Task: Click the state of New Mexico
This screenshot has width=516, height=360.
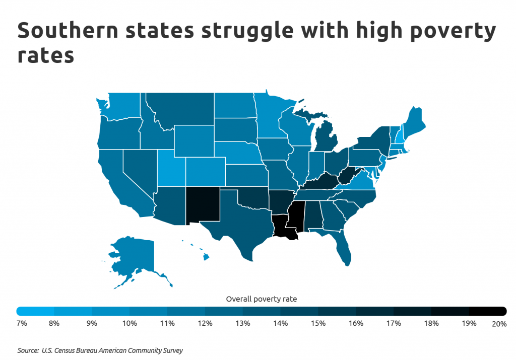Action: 203,204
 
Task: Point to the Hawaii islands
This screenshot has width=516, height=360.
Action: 206,257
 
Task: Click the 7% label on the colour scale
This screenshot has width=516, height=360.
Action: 22,323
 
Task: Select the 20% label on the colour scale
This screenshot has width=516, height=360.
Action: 499,324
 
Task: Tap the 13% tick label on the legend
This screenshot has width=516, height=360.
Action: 242,323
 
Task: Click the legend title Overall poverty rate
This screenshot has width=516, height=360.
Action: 261,299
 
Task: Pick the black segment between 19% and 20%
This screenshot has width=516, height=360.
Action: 487,312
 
